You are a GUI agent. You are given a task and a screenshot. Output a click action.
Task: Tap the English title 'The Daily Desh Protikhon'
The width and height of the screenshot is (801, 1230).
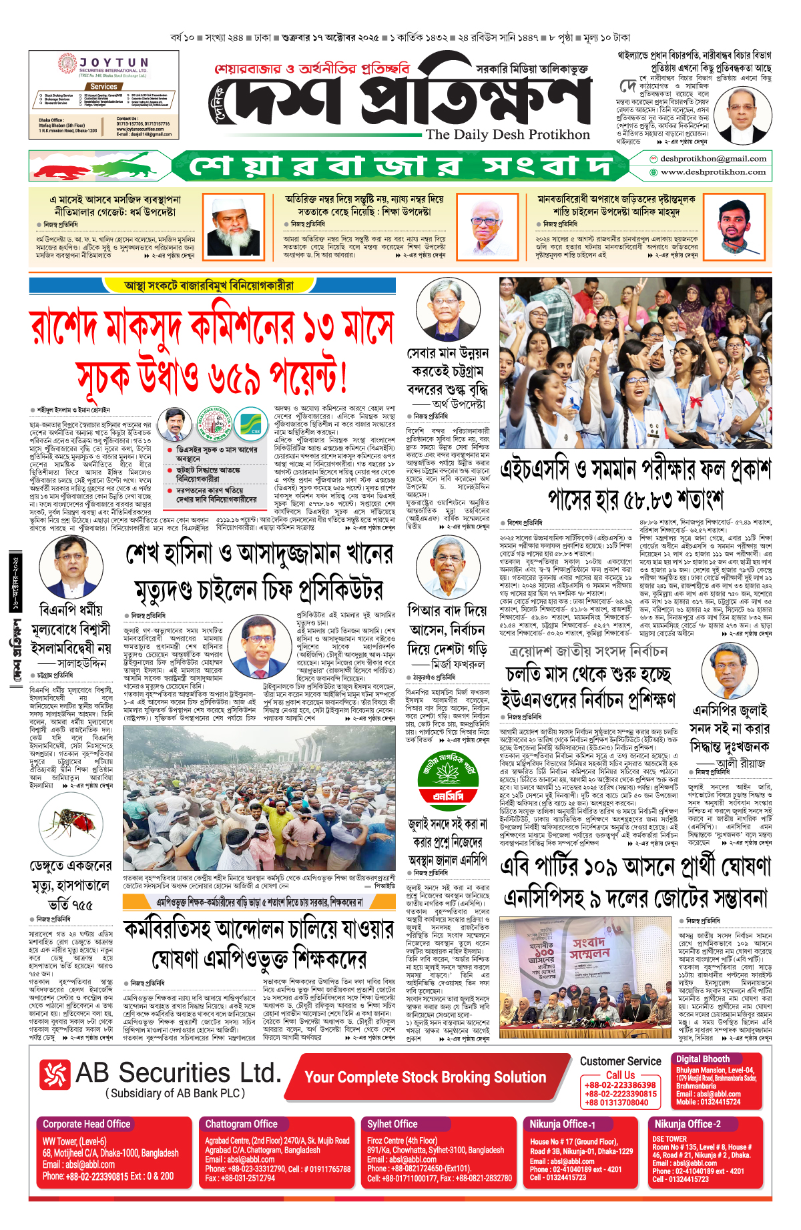pos(507,134)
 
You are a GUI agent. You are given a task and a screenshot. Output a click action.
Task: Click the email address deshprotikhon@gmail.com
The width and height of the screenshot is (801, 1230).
pos(712,159)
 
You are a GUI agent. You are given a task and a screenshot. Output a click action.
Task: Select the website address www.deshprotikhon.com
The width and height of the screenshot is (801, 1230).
pos(712,172)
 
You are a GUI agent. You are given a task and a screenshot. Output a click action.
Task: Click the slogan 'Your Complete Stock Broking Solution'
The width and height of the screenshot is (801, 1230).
pos(425,1077)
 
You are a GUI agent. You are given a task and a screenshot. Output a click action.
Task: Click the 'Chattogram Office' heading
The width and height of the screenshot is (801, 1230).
pos(241,1124)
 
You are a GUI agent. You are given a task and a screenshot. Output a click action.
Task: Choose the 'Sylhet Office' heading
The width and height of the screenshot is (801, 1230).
pos(392,1124)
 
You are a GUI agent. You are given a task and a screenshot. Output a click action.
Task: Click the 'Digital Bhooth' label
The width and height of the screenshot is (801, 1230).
pos(702,1058)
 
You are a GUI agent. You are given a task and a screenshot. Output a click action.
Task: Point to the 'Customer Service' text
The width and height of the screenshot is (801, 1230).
pos(620,1061)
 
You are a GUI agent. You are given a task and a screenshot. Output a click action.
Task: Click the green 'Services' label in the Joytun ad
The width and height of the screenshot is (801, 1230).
pos(103,87)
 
